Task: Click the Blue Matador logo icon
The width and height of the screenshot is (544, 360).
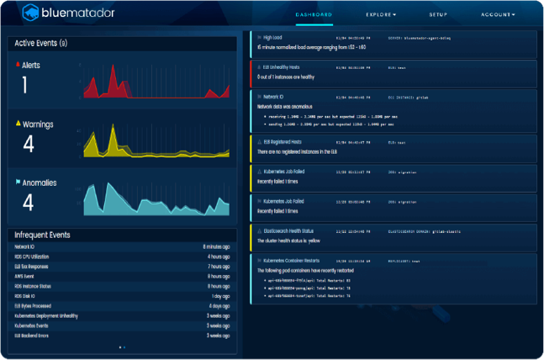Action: pyautogui.click(x=31, y=12)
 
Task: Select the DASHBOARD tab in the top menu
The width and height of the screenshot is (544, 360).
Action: pyautogui.click(x=314, y=14)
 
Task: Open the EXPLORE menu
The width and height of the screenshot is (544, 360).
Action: pyautogui.click(x=381, y=14)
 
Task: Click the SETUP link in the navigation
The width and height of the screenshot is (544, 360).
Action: pyautogui.click(x=438, y=14)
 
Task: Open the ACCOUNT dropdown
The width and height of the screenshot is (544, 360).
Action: pyautogui.click(x=498, y=14)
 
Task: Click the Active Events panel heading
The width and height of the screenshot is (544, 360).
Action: pyautogui.click(x=41, y=43)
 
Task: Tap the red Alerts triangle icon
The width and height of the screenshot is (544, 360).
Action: pyautogui.click(x=17, y=64)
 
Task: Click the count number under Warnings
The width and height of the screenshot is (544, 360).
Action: pyautogui.click(x=28, y=144)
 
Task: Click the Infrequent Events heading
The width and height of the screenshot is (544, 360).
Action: pyautogui.click(x=42, y=235)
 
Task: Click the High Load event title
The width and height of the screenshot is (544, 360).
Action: pyautogui.click(x=272, y=38)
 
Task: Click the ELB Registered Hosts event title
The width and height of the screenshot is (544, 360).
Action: pyautogui.click(x=283, y=141)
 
